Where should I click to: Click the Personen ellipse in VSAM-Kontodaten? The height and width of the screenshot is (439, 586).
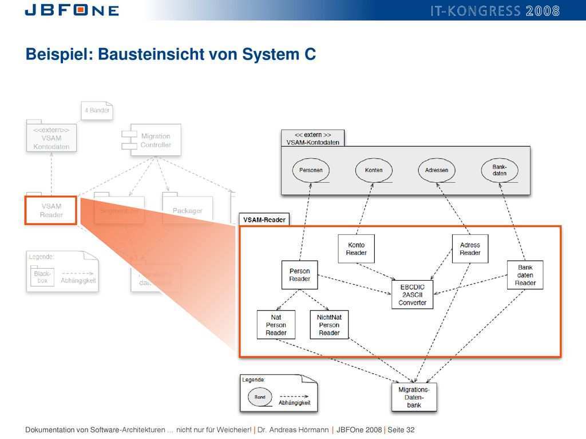coord(311,170)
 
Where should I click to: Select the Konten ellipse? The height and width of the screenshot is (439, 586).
coord(374,170)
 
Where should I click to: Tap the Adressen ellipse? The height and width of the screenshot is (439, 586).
coord(437,170)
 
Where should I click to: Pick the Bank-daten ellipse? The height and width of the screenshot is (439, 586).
coord(500,170)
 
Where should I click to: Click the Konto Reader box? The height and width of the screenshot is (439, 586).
coord(356,249)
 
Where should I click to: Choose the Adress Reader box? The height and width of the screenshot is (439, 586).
coord(470,249)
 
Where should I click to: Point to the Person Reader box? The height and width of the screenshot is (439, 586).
coord(299,275)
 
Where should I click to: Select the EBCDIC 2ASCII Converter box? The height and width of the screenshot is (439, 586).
coord(413,294)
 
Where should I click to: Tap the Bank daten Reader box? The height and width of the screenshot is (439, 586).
coord(525,275)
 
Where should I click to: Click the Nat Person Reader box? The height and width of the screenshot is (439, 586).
coord(276,325)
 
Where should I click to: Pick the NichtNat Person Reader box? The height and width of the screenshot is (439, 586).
coord(329,325)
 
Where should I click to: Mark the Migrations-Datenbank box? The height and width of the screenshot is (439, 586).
coord(414,397)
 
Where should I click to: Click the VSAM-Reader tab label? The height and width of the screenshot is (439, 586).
coord(264,219)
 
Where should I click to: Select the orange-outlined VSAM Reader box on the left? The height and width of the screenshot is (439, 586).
coord(51,210)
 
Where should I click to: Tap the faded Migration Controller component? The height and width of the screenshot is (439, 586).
coord(152,140)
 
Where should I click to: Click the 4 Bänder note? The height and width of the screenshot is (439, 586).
coord(97,110)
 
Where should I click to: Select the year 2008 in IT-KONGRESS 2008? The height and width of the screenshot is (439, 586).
coord(543,10)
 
